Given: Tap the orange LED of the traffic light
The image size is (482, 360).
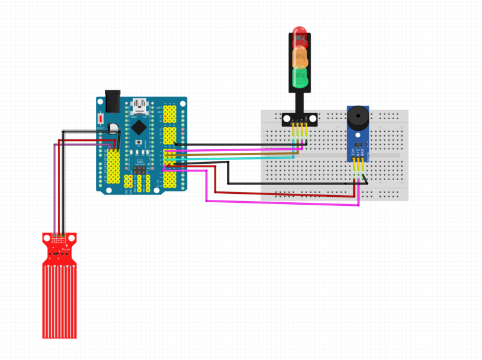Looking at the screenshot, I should coord(299,57).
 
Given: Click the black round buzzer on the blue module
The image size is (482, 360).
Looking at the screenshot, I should coord(358,116).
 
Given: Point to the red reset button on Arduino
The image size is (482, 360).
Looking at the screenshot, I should coord(101,119).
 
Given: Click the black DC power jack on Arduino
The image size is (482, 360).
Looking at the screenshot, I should coord(112,101).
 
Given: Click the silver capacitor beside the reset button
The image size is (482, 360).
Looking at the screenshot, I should coord(113,128).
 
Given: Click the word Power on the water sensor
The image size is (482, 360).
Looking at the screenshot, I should coord(67,249).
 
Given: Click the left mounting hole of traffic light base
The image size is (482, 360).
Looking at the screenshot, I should coord(287,118).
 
